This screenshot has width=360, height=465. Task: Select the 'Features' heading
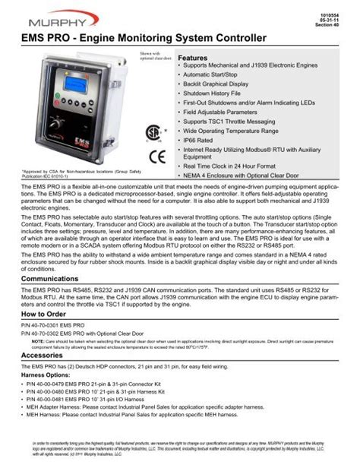[x=192, y=59]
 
